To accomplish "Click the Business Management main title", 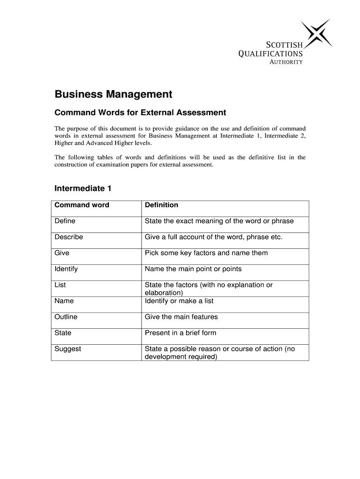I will point(114,94).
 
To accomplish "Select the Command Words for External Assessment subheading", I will point(140,113).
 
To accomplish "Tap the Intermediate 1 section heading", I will point(83,189).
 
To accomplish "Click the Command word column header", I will point(82,205).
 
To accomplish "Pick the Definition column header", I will point(161,205).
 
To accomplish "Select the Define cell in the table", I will point(65,221).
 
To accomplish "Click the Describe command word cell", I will point(69,237).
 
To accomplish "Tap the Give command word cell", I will point(62,253).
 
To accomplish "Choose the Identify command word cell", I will point(66,269).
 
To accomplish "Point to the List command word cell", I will point(60,285).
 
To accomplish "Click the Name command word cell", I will point(64,301).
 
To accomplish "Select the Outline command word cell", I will point(66,317).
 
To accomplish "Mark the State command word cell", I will point(63,333).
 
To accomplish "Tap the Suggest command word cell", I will point(68,348).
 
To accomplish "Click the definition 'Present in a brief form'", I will point(180,333).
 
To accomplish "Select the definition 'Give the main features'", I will point(181,317).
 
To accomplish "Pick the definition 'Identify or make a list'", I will point(179,301).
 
